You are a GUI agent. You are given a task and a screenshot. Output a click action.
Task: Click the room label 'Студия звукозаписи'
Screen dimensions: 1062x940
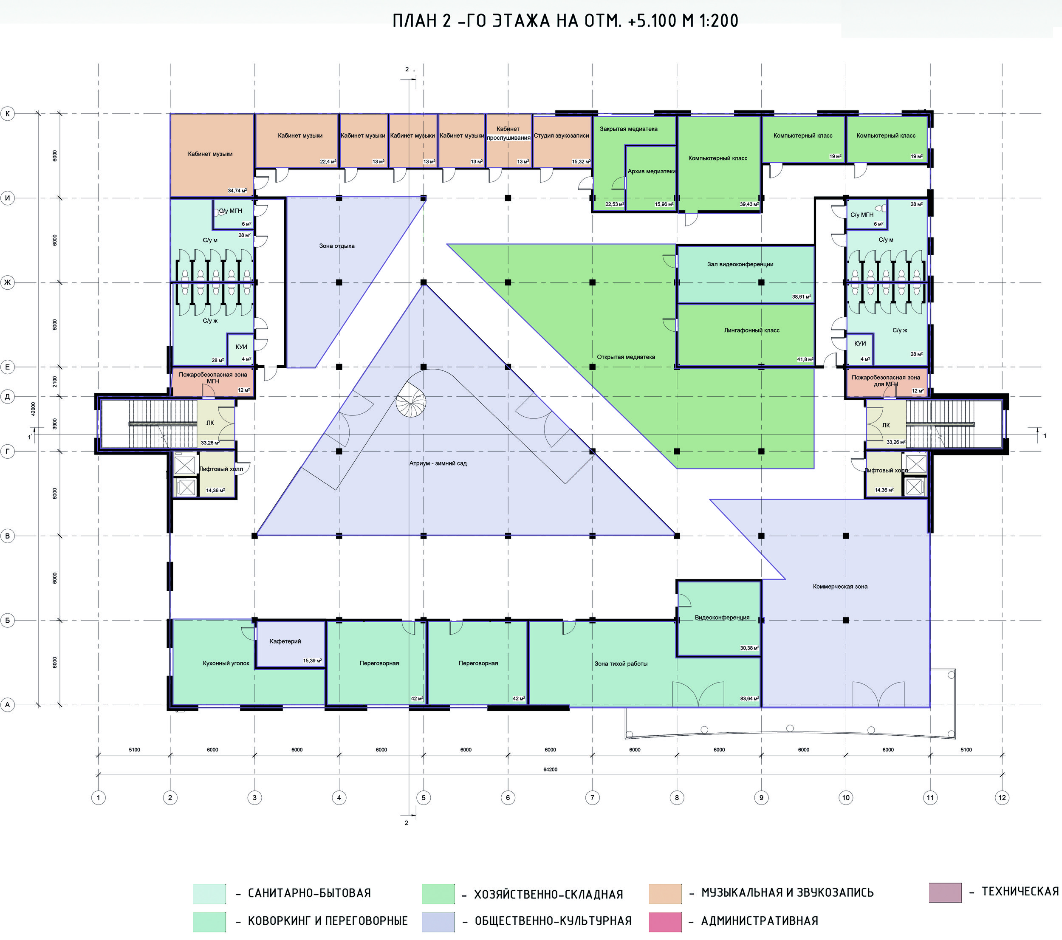(x=562, y=135)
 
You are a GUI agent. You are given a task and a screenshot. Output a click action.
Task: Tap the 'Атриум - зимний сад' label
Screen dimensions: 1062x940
(x=438, y=463)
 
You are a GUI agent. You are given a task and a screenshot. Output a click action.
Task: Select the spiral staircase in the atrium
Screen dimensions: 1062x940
(x=411, y=402)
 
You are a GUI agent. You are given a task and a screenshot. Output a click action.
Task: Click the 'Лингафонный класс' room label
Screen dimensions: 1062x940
(x=752, y=330)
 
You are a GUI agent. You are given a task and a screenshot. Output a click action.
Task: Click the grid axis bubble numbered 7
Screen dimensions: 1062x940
(x=592, y=798)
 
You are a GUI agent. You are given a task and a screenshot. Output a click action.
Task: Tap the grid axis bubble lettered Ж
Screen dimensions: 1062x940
(x=7, y=282)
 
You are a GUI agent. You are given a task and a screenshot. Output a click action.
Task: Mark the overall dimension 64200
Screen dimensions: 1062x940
(x=550, y=770)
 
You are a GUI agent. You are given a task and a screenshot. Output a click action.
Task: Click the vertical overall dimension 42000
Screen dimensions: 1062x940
(x=33, y=409)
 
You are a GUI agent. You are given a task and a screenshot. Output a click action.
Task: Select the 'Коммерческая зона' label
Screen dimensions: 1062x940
(x=840, y=586)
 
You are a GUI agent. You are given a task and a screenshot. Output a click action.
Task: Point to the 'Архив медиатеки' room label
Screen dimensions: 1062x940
(x=652, y=171)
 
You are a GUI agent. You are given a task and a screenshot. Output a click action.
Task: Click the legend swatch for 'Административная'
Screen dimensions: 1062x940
(x=665, y=922)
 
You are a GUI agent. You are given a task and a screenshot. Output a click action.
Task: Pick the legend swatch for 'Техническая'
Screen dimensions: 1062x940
(x=945, y=892)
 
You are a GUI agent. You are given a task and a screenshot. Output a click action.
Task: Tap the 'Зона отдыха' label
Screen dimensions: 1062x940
(x=337, y=246)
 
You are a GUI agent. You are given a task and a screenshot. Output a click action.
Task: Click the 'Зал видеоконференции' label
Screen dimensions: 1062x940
(x=740, y=264)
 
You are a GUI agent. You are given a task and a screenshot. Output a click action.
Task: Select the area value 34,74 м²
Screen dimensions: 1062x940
(x=237, y=191)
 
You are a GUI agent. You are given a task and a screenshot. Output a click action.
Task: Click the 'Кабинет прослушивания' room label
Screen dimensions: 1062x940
(x=508, y=133)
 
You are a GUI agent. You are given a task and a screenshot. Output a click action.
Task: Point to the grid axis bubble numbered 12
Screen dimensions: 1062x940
(x=1002, y=798)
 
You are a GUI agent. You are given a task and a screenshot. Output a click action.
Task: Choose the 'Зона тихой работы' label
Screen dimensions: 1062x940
(x=621, y=663)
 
